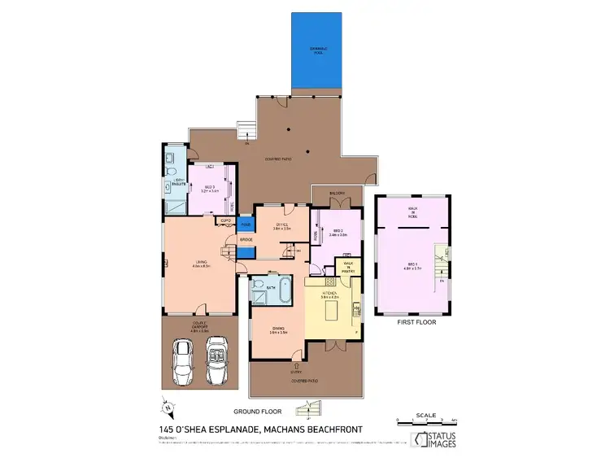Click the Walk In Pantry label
click(349, 265)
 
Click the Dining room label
click(278, 329)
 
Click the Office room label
click(282, 227)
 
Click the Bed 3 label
click(209, 189)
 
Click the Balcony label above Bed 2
click(338, 193)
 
